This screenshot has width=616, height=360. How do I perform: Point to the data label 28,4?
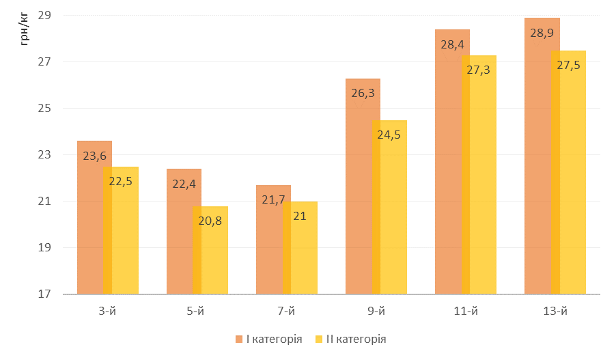click(452, 44)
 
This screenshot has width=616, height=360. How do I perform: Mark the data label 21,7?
click(273, 199)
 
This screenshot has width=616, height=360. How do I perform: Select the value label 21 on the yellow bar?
click(300, 216)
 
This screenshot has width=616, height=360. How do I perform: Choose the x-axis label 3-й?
click(107, 311)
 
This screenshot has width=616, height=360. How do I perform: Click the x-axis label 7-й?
click(286, 311)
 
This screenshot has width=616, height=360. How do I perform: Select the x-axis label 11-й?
click(465, 311)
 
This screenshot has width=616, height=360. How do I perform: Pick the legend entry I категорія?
click(274, 339)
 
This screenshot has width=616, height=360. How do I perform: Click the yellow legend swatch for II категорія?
click(319, 339)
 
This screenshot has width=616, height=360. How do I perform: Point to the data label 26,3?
click(363, 94)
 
